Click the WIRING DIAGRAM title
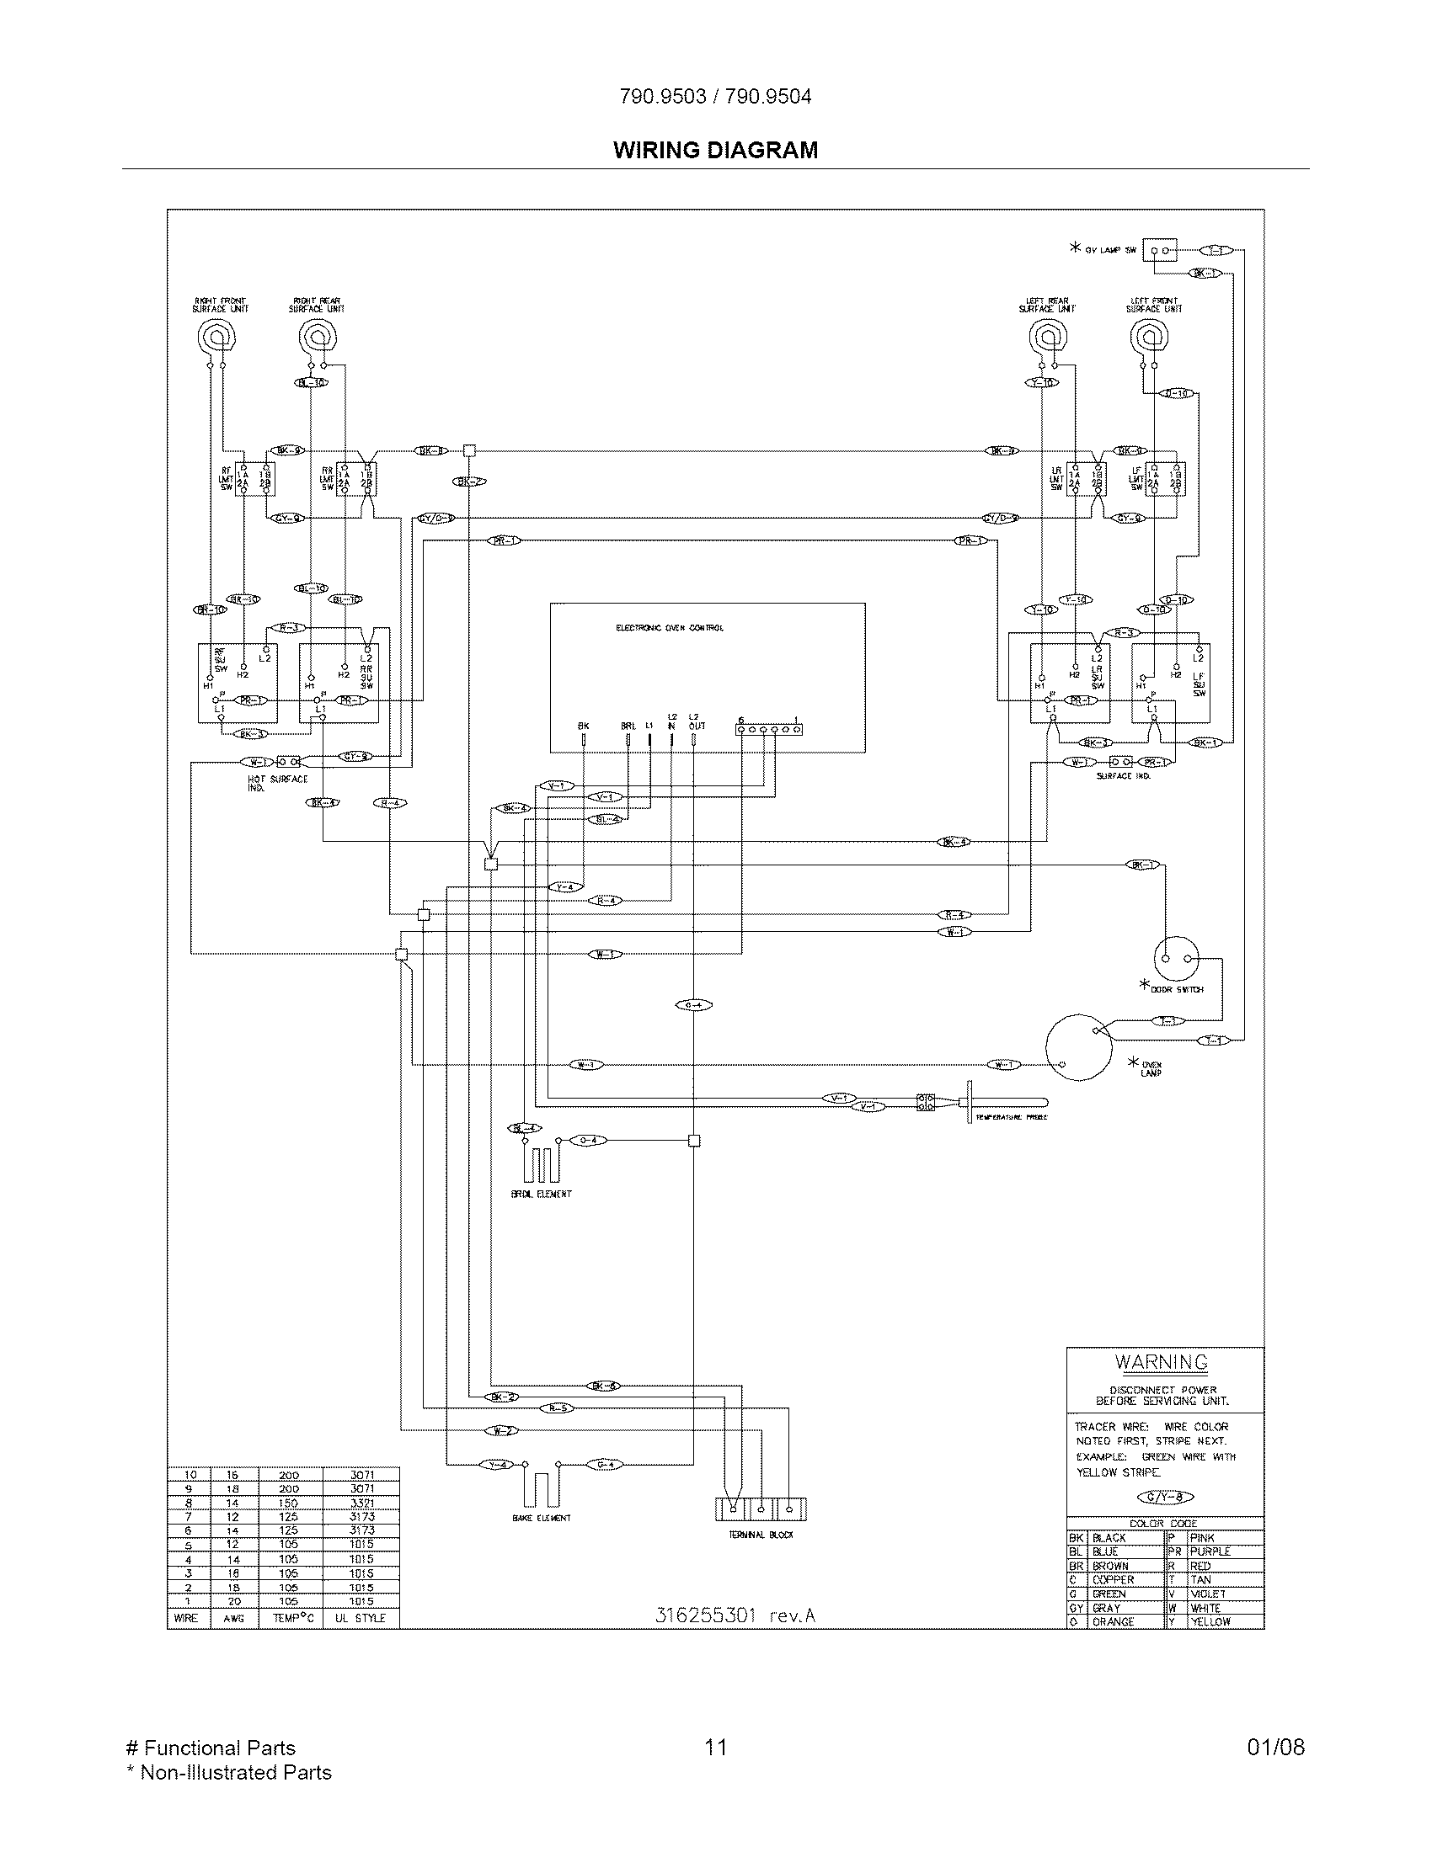click(715, 150)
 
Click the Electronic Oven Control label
click(670, 628)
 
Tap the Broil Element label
click(542, 1194)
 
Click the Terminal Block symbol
click(760, 1509)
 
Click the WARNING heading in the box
click(1161, 1363)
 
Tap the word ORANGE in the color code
click(1113, 1621)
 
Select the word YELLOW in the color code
click(1210, 1621)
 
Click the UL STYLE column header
click(360, 1618)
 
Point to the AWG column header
click(233, 1618)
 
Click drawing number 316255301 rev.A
click(735, 1615)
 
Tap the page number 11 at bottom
click(715, 1747)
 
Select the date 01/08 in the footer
click(1275, 1747)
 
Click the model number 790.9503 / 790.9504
click(715, 97)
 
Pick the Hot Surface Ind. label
click(277, 783)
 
